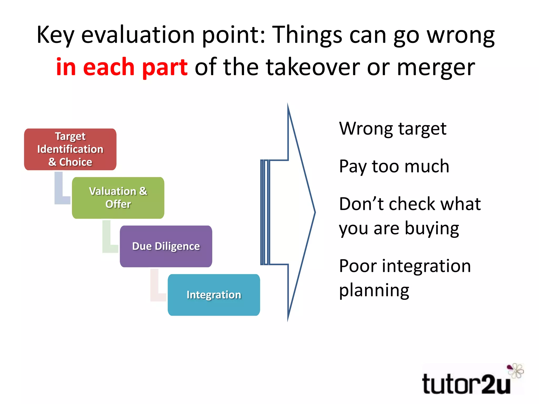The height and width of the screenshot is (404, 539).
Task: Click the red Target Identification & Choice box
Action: tap(70, 149)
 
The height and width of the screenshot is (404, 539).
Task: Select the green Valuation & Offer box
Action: tap(118, 198)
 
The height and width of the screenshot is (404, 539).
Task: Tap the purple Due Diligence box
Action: tap(166, 246)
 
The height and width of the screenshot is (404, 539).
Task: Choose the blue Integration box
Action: tap(214, 295)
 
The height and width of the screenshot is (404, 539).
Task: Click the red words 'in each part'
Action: tap(122, 67)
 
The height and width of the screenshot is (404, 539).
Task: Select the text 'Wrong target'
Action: tap(392, 129)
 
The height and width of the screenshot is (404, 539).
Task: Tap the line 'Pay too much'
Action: tap(394, 166)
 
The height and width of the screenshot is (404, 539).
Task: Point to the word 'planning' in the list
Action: tap(374, 290)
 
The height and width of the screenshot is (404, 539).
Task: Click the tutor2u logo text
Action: tap(466, 385)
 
